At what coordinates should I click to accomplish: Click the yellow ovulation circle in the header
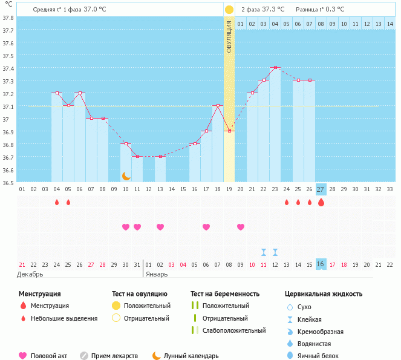tap(229, 10)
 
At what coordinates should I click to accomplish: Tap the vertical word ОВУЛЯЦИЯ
tap(229, 36)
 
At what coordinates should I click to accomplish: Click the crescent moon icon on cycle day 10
tap(126, 176)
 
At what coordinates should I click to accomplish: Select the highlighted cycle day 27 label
tap(321, 189)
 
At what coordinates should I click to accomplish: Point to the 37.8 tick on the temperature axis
tap(8, 17)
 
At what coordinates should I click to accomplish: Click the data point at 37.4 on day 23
tap(275, 67)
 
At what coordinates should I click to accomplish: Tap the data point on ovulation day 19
tap(229, 131)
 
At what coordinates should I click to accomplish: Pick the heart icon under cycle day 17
tap(206, 227)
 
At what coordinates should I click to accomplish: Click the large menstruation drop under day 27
tap(321, 202)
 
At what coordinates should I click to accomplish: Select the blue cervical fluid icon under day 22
tap(264, 252)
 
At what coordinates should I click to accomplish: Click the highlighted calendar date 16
tap(321, 264)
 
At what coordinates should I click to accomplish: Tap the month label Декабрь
tap(30, 274)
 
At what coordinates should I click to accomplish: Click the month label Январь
tap(156, 274)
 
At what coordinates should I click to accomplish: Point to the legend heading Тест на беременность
tap(225, 293)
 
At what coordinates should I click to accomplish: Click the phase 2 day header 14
tap(390, 24)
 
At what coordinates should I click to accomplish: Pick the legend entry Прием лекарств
tap(114, 356)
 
